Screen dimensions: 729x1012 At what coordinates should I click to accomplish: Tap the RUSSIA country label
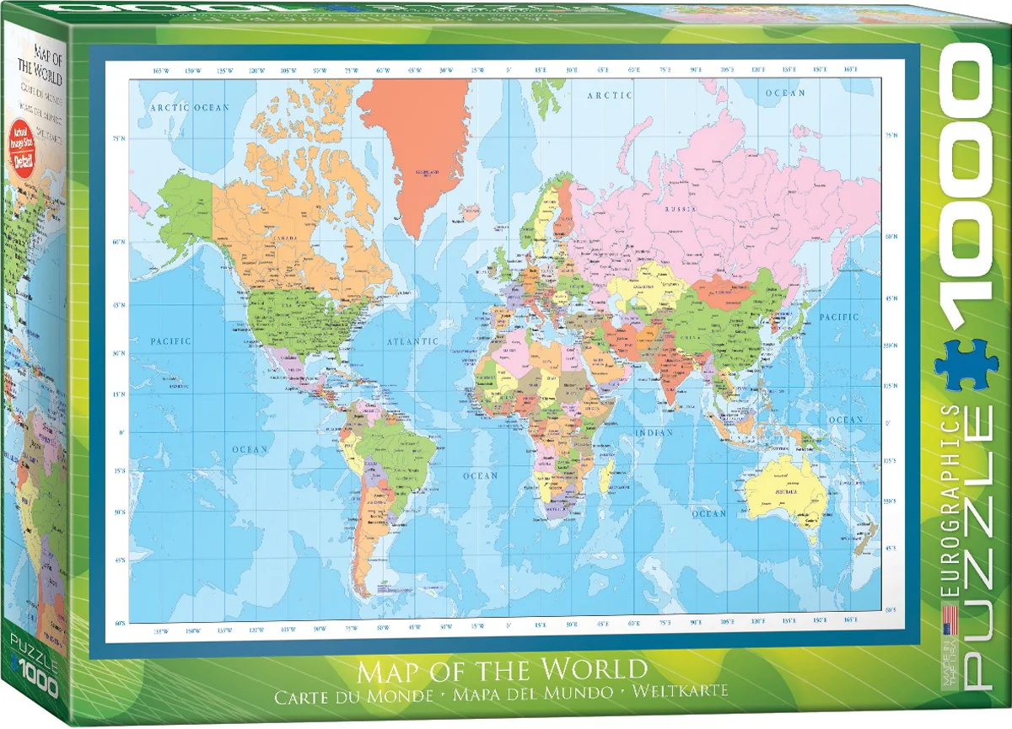pyautogui.click(x=680, y=208)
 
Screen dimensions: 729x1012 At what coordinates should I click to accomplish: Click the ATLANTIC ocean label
pyautogui.click(x=412, y=341)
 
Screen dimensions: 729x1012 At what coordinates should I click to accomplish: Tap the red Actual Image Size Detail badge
pyautogui.click(x=22, y=148)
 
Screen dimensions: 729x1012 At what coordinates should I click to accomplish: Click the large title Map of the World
pyautogui.click(x=503, y=671)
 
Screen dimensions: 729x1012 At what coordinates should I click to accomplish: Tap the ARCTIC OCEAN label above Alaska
pyautogui.click(x=190, y=108)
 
